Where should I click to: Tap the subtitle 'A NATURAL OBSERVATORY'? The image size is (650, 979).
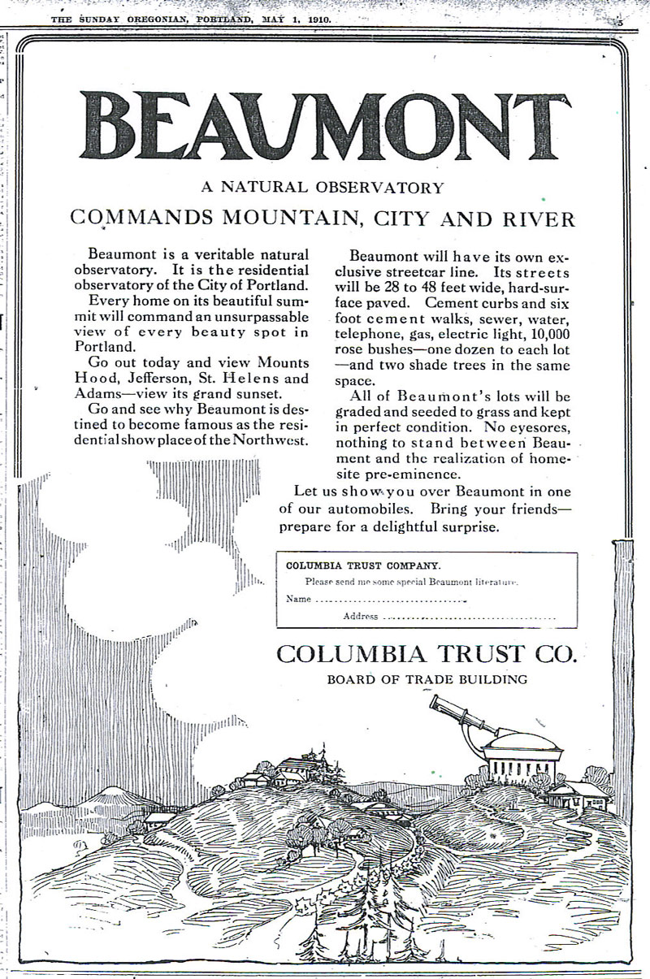pyautogui.click(x=323, y=188)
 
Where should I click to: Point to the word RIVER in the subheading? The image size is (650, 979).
pyautogui.click(x=536, y=219)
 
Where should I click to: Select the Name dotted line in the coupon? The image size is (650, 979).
pyautogui.click(x=388, y=600)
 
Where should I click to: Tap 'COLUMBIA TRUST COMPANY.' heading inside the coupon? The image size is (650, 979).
pyautogui.click(x=363, y=564)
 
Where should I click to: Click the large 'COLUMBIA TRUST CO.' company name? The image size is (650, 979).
pyautogui.click(x=426, y=652)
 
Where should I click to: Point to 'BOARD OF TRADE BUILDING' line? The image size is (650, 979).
pyautogui.click(x=427, y=679)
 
